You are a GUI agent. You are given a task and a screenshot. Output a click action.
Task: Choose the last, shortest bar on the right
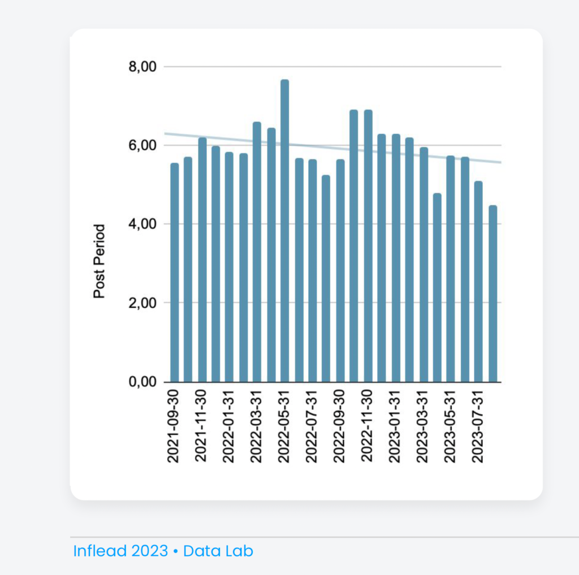[492, 294]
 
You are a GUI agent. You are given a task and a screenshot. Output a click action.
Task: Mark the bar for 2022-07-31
[312, 271]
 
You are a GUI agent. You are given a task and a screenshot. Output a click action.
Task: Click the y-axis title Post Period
[100, 262]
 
